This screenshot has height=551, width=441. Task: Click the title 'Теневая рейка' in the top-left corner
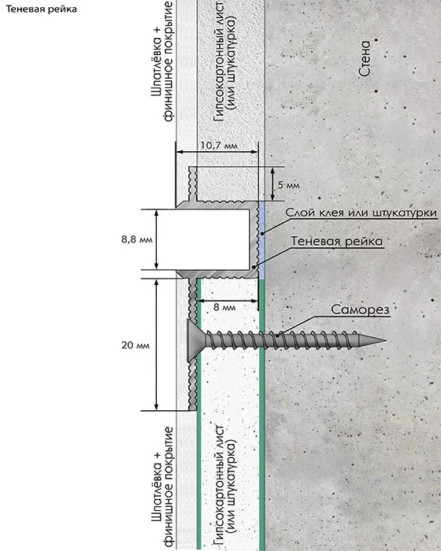pyautogui.click(x=42, y=9)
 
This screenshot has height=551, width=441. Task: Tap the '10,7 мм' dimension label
pyautogui.click(x=219, y=145)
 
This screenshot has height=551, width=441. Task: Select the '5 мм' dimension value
pyautogui.click(x=289, y=185)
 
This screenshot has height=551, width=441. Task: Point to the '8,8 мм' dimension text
pyautogui.click(x=137, y=239)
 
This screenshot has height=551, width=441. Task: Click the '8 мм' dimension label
pyautogui.click(x=224, y=307)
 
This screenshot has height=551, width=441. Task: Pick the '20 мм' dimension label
pyautogui.click(x=135, y=346)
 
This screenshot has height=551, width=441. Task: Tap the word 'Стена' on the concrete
pyautogui.click(x=365, y=59)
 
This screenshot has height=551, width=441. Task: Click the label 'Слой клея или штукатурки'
pyautogui.click(x=361, y=213)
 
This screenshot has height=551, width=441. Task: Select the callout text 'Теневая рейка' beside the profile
pyautogui.click(x=336, y=242)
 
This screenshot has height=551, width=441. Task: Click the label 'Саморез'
pyautogui.click(x=360, y=309)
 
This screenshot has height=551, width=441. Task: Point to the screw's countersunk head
pyautogui.click(x=195, y=341)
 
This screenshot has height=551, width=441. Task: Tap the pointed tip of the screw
pyautogui.click(x=386, y=340)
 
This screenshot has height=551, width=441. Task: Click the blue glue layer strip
pyautogui.click(x=262, y=240)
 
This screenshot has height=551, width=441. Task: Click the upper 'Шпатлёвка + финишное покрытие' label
pyautogui.click(x=162, y=61)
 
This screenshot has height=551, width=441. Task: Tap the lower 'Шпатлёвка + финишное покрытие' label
pyautogui.click(x=162, y=487)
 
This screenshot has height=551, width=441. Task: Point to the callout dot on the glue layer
pyautogui.click(x=262, y=233)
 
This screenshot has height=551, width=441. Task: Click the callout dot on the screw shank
pyautogui.click(x=278, y=335)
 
